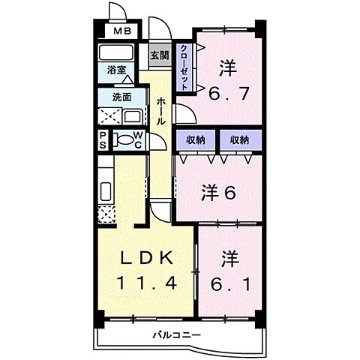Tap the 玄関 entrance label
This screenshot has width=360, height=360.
(158, 55)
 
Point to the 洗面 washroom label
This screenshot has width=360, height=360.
(121, 97)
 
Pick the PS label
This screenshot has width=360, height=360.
(103, 139)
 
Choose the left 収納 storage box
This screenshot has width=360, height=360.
(196, 139)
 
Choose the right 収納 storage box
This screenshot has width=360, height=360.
(240, 139)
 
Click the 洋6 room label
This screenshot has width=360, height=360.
(219, 192)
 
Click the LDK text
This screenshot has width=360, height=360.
(147, 259)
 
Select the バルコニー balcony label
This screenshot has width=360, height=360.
(178, 335)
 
